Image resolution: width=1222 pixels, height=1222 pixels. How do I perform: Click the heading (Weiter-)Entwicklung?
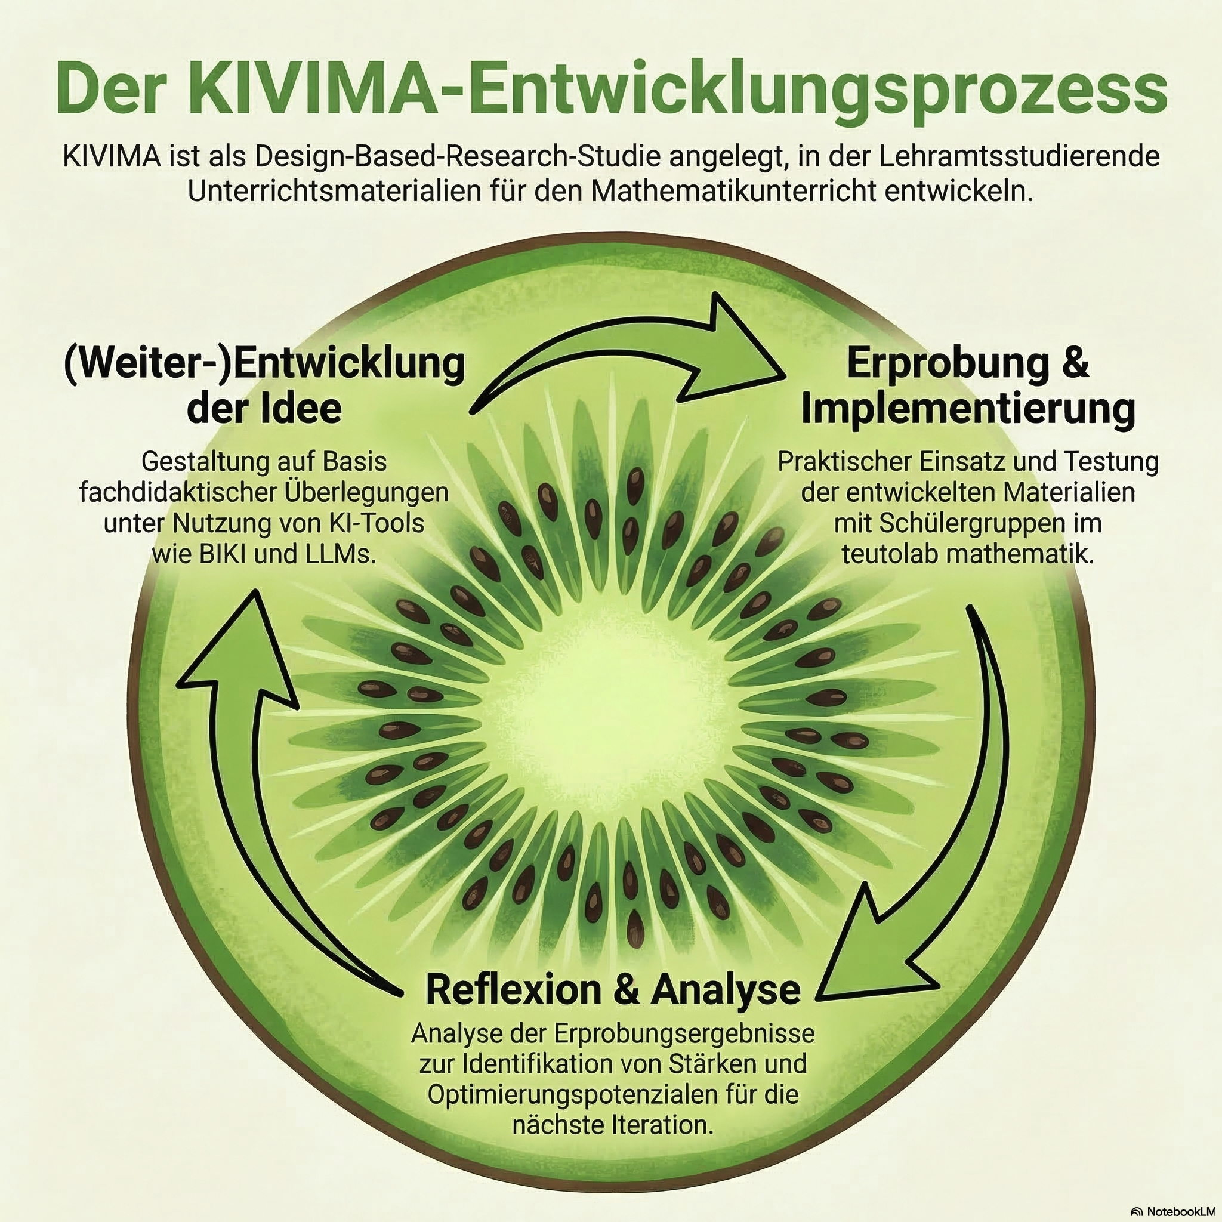click(x=264, y=365)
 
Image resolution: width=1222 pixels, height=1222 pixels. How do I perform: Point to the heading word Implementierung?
click(x=968, y=409)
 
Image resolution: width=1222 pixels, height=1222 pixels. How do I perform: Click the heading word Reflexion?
click(x=513, y=990)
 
